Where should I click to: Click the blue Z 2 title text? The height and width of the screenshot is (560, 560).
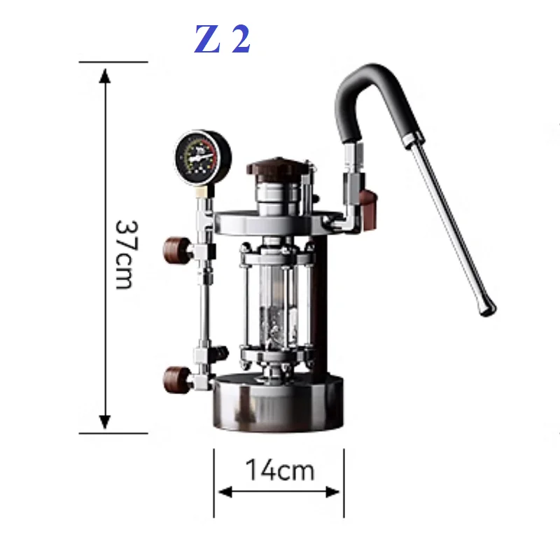223,41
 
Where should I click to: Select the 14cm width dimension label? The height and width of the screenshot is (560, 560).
279,470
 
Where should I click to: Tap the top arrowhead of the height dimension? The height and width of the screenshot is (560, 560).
105,74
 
